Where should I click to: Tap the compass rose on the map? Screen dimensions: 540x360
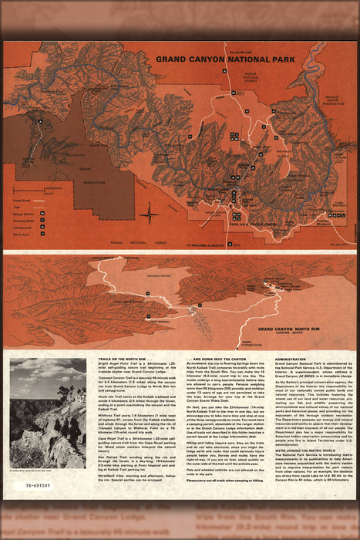(x=150, y=214)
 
